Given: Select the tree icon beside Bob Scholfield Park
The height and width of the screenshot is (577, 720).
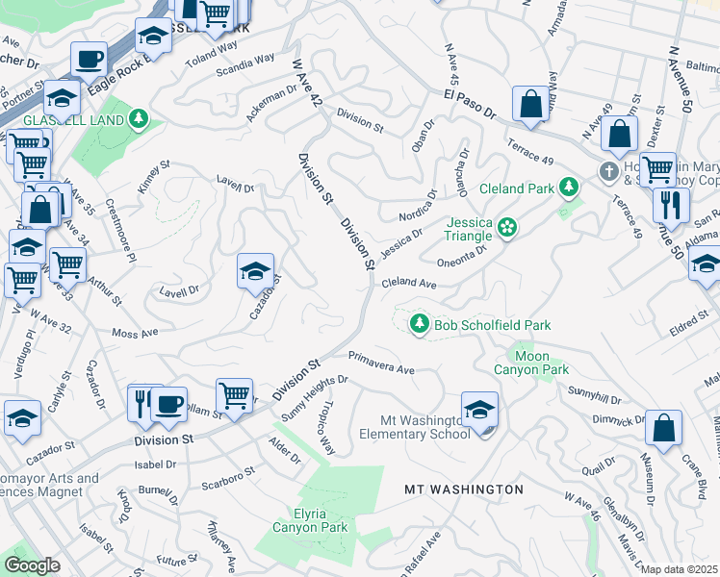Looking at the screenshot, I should pyautogui.click(x=419, y=324).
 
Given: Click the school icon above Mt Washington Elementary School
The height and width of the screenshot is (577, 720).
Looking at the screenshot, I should pyautogui.click(x=479, y=410).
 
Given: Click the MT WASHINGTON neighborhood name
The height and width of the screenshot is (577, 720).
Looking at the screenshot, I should pyautogui.click(x=463, y=489).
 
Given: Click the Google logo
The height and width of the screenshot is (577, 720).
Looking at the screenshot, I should pyautogui.click(x=32, y=565).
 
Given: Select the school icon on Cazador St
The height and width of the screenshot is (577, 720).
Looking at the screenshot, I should pyautogui.click(x=255, y=272).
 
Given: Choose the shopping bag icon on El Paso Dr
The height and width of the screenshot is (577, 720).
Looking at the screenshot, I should pyautogui.click(x=530, y=104).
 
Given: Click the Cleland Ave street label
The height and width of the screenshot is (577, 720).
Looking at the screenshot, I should pyautogui.click(x=409, y=285).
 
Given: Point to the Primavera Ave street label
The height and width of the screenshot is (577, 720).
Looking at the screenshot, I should pyautogui.click(x=381, y=363).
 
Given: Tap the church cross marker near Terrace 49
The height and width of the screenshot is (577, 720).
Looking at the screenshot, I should pyautogui.click(x=607, y=173).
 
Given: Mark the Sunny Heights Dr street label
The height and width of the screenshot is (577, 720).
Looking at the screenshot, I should pyautogui.click(x=313, y=399).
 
